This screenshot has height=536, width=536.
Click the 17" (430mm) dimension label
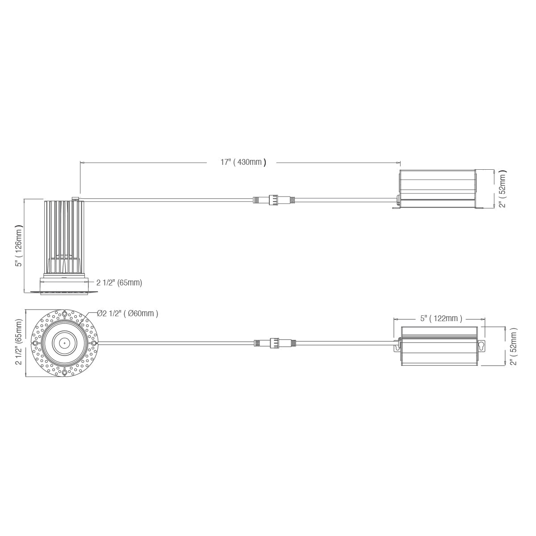click(x=243, y=162)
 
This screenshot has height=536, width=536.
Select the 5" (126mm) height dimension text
click(x=19, y=246)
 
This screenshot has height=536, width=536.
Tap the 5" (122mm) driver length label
click(x=441, y=318)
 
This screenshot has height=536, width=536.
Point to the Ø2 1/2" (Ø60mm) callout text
click(x=128, y=314)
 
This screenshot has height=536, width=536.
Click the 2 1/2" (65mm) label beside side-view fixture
click(x=119, y=283)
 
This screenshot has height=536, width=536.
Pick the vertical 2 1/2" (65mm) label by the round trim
click(x=19, y=342)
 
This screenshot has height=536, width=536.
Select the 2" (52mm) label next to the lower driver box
click(x=513, y=346)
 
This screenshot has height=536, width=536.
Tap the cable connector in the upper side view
click(x=274, y=199)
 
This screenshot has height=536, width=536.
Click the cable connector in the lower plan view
click(x=275, y=343)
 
